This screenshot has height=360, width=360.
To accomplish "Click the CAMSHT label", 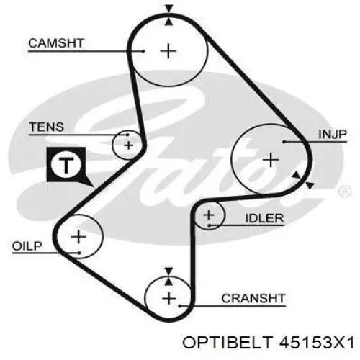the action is (x=56, y=43).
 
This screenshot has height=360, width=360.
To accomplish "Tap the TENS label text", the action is (x=46, y=127).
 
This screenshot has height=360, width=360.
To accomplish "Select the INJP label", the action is (x=333, y=135).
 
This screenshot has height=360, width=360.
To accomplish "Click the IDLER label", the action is (x=264, y=218).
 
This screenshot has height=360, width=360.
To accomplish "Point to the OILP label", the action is (x=27, y=246).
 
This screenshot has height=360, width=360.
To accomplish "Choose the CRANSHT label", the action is (x=253, y=298).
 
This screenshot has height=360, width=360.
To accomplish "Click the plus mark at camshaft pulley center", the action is (x=168, y=51).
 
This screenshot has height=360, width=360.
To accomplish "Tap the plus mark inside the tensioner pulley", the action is (x=129, y=145).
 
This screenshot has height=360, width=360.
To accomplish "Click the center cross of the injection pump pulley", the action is (x=271, y=160).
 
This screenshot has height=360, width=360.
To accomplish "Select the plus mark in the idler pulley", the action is (x=208, y=215).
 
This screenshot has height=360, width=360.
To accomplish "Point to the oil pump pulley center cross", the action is (x=78, y=237).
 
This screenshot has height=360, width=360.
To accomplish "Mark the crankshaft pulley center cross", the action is (x=169, y=299).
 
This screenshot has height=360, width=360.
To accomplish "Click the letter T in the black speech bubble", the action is (x=66, y=166).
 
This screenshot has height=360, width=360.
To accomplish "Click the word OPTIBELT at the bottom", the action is (x=228, y=342).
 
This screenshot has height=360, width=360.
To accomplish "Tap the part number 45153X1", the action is (x=317, y=342).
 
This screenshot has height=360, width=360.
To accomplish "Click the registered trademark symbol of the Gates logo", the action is (x=345, y=192).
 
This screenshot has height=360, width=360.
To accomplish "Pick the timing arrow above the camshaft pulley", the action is (x=169, y=9).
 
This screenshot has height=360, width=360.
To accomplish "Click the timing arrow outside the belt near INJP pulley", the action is (x=310, y=185).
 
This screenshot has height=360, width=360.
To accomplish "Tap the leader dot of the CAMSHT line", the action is (x=143, y=51).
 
